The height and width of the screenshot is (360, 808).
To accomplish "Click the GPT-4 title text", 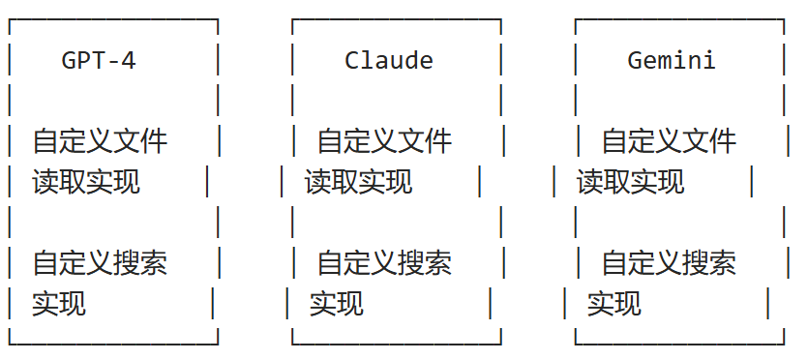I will point(99,60).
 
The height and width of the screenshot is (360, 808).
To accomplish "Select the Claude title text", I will point(389,60).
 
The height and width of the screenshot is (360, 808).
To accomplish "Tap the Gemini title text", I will point(672,60).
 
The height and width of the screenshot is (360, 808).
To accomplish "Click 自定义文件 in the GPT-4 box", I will point(100,141).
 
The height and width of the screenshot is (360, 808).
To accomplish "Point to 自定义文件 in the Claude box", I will point(384,141).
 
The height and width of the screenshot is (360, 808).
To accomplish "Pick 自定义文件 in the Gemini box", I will point(669,141).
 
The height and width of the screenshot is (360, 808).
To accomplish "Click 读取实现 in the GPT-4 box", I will point(86,181).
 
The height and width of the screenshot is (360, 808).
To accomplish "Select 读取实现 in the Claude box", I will point(358,181).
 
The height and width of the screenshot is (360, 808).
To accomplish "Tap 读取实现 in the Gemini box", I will point(631,181).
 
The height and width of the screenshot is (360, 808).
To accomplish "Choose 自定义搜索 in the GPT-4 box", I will point(100,262).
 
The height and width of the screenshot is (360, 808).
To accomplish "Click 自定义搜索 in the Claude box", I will point(384,262).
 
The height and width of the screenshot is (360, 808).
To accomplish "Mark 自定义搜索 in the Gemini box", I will point(669,262).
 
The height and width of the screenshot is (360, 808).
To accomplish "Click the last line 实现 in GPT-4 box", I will point(59,303).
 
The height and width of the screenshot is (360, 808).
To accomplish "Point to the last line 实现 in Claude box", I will point(337,303).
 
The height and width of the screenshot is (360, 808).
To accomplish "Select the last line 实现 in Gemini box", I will point(614,303).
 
